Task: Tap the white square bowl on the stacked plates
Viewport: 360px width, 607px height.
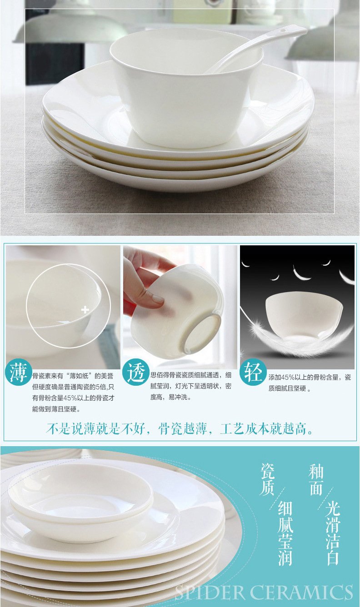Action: pos(186,88)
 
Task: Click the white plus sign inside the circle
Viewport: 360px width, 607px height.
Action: pos(85,310)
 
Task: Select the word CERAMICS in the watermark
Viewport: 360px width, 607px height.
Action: pos(301,592)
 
